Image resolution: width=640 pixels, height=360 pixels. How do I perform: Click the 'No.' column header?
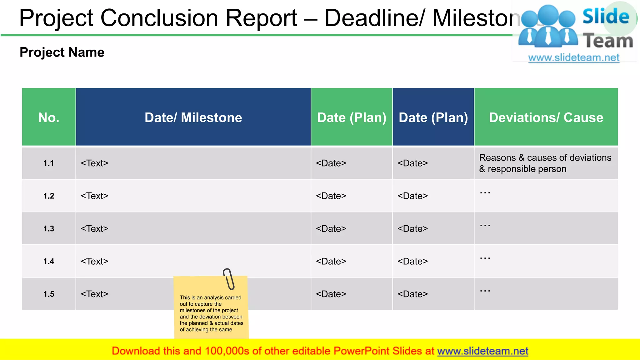click(49, 117)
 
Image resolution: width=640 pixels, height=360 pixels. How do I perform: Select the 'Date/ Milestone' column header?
click(193, 117)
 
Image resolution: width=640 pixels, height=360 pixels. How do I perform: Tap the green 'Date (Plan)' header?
click(352, 117)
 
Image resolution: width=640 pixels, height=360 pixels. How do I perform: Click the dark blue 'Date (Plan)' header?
click(433, 117)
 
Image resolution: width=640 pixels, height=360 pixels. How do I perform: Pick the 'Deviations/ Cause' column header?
click(546, 117)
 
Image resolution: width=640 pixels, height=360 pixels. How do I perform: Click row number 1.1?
click(49, 163)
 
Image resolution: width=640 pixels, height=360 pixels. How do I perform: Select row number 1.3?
click(49, 229)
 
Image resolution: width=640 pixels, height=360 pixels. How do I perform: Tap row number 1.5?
click(49, 294)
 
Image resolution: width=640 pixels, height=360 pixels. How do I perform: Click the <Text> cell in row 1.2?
click(94, 196)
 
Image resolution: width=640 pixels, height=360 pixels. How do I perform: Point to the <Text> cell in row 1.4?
click(94, 261)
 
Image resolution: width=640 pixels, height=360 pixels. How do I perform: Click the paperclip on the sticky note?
click(229, 279)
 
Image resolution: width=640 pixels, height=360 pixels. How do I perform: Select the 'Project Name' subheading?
click(62, 52)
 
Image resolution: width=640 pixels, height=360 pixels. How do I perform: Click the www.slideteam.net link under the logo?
click(574, 58)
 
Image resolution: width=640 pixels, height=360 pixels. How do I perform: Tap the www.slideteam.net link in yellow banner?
click(482, 351)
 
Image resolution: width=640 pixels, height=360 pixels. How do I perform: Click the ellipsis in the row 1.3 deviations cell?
click(485, 225)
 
